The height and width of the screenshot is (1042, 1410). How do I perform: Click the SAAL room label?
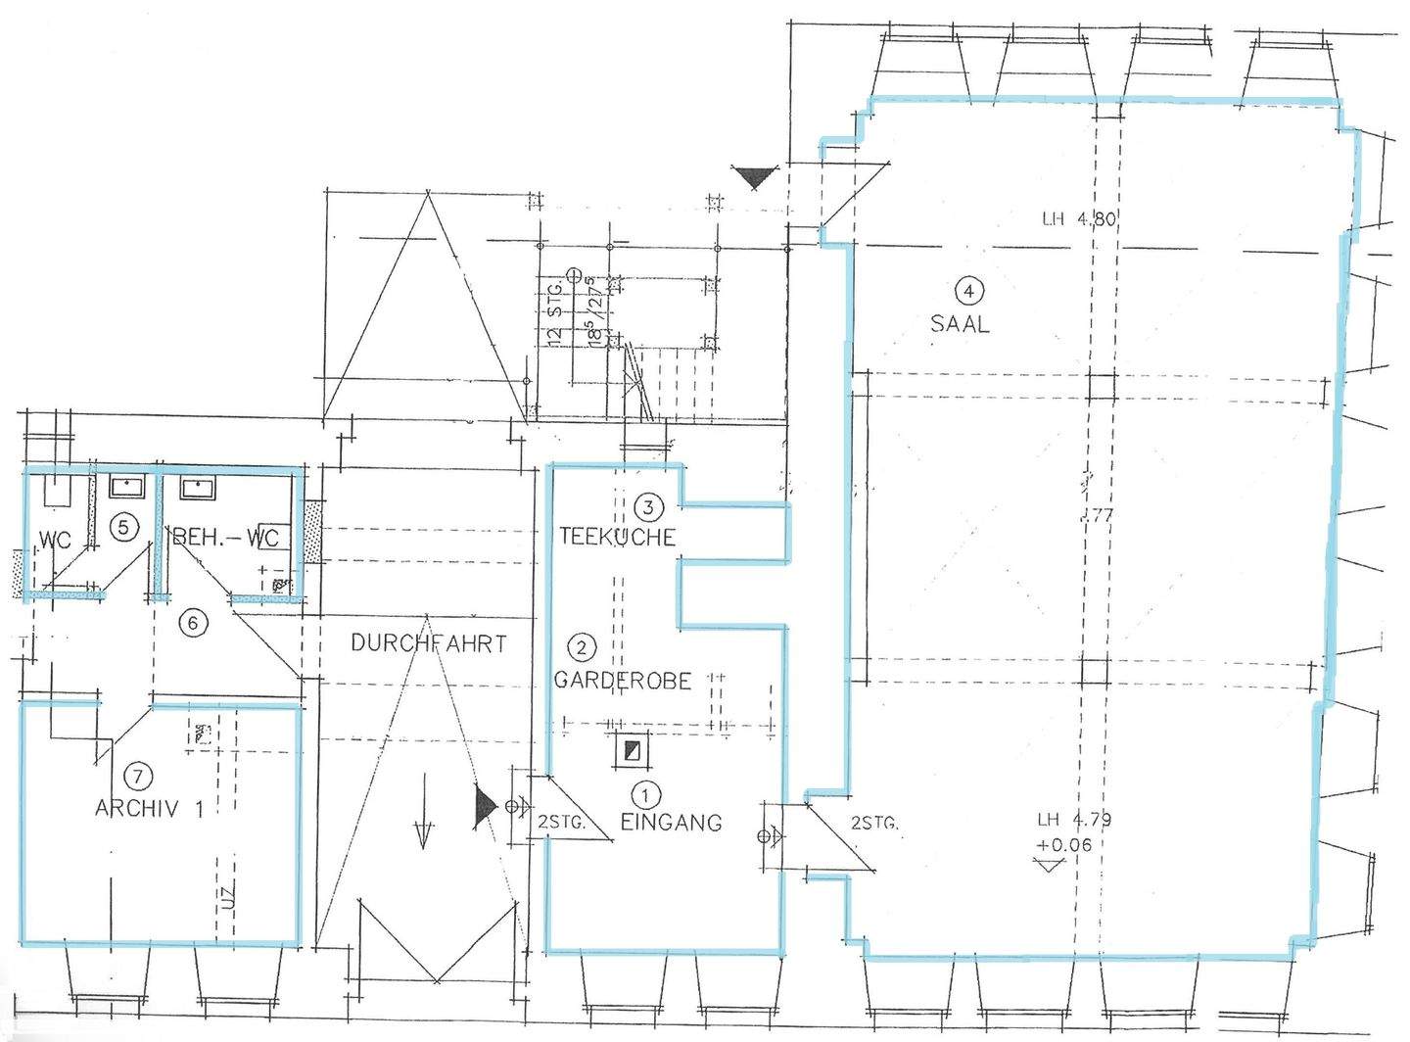pyautogui.click(x=960, y=323)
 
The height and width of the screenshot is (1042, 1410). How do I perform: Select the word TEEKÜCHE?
pyautogui.click(x=617, y=537)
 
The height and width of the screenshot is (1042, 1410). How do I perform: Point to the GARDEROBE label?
pyautogui.click(x=624, y=679)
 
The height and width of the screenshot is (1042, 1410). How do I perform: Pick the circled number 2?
pyautogui.click(x=583, y=647)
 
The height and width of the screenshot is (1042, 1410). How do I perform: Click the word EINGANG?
pyautogui.click(x=672, y=822)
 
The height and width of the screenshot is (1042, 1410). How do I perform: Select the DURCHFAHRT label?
pyautogui.click(x=429, y=643)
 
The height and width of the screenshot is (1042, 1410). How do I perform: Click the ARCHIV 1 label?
pyautogui.click(x=150, y=809)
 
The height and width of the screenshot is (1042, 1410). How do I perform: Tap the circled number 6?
pyautogui.click(x=194, y=622)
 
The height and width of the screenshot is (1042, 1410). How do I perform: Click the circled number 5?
pyautogui.click(x=122, y=527)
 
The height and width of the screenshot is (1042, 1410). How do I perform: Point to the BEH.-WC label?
pyautogui.click(x=225, y=538)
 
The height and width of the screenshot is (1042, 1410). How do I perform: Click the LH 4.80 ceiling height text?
pyautogui.click(x=1079, y=219)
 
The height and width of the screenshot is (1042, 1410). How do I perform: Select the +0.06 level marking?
pyautogui.click(x=1064, y=845)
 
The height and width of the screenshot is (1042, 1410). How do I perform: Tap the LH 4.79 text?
pyautogui.click(x=1074, y=821)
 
